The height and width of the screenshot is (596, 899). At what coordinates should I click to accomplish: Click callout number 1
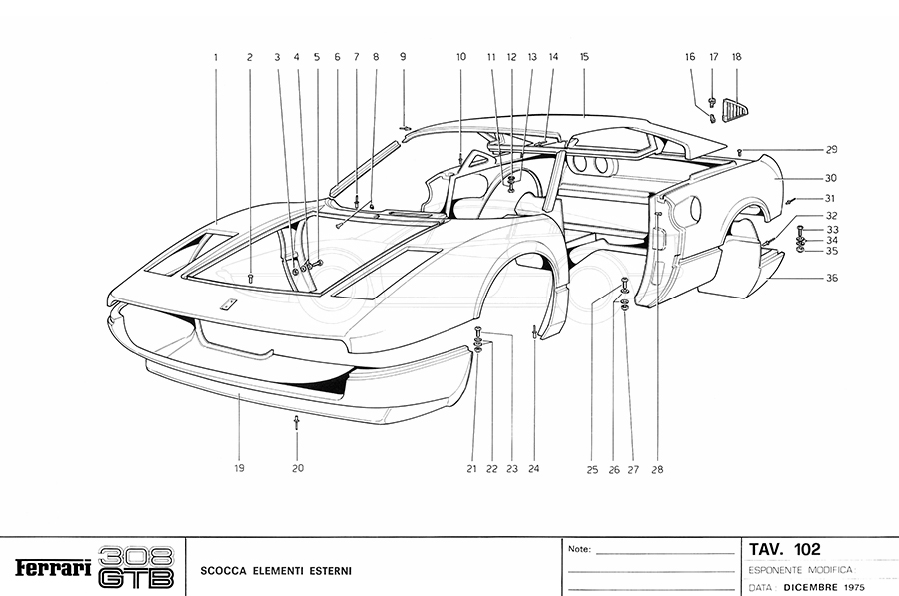click(215, 57)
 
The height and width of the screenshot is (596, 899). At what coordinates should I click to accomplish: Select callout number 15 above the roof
click(584, 57)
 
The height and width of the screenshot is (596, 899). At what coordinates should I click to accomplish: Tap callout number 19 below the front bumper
click(240, 467)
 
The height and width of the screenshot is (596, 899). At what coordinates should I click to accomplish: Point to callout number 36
click(831, 279)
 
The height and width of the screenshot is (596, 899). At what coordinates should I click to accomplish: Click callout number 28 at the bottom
click(656, 468)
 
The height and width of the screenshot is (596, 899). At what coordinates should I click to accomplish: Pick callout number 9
click(403, 57)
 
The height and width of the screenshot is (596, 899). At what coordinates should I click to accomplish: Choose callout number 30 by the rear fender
click(831, 178)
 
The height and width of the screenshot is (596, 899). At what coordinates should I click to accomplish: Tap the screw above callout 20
click(297, 423)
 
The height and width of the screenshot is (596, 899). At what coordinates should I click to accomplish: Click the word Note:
click(579, 550)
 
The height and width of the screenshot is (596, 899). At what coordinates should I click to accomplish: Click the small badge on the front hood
click(229, 306)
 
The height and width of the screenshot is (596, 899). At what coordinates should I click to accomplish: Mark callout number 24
click(534, 468)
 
